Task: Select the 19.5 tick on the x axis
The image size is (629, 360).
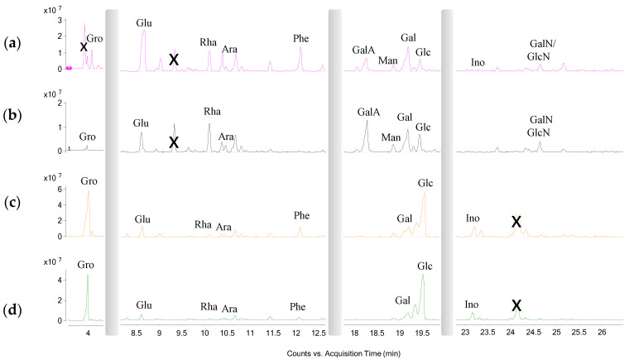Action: click(x=422, y=333)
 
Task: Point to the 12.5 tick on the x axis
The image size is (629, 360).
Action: click(x=319, y=333)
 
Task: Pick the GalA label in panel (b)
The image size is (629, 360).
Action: click(x=367, y=112)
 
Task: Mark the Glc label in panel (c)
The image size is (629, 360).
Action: click(x=425, y=182)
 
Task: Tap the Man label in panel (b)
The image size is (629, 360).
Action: click(x=391, y=137)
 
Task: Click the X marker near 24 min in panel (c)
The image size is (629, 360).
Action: click(x=516, y=222)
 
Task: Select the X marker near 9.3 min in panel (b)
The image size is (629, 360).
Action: click(x=174, y=142)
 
